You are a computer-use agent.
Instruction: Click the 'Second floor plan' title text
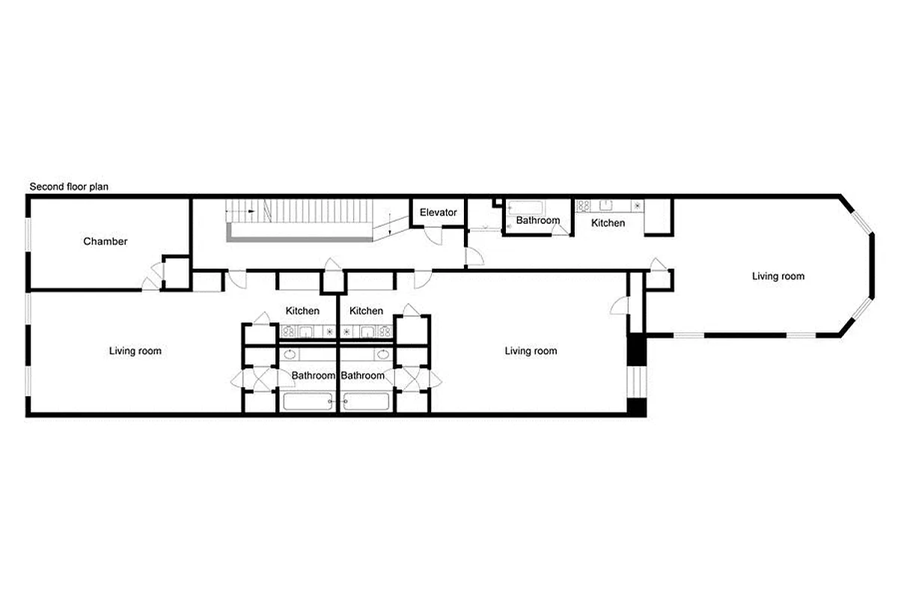(x=69, y=186)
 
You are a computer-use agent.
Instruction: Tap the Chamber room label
(x=105, y=242)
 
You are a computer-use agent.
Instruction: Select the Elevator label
(x=438, y=213)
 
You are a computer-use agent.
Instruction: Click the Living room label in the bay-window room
(x=778, y=276)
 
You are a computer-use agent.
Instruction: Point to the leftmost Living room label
(x=135, y=350)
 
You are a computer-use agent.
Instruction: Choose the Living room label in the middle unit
(x=531, y=350)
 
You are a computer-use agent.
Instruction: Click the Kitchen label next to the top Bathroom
(x=608, y=223)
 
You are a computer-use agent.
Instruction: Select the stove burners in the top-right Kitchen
(x=584, y=205)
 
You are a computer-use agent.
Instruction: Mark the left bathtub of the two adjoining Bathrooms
(x=308, y=401)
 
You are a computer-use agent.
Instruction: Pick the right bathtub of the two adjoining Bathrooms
(x=367, y=401)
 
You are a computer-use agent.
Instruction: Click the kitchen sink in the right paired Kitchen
(x=367, y=330)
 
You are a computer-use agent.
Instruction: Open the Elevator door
(x=433, y=234)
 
